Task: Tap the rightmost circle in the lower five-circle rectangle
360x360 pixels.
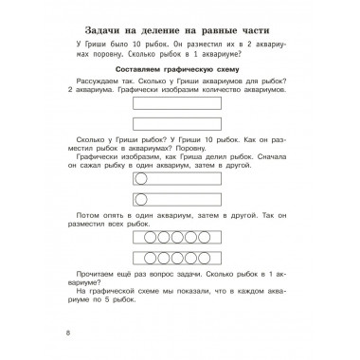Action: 212,264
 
